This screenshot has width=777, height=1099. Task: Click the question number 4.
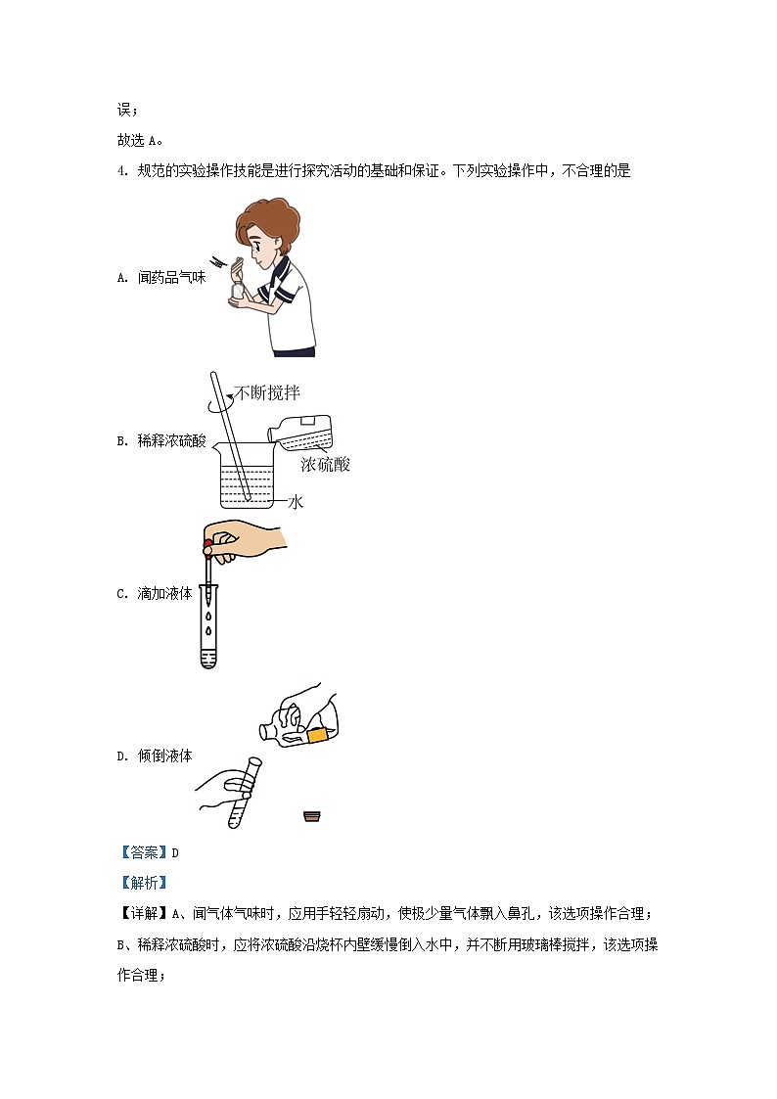pos(121,171)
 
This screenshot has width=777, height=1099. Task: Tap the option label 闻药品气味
pos(171,278)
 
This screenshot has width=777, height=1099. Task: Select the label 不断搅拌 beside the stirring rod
pos(267,392)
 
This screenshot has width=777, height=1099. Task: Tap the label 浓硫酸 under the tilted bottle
pos(325,464)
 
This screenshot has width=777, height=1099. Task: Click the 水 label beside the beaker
pos(296,501)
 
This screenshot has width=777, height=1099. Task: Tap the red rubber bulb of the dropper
pos(207,547)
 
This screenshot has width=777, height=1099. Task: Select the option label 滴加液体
pos(164,594)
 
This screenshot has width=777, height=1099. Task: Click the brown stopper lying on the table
pos(312,815)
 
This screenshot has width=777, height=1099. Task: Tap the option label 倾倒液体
pos(164,756)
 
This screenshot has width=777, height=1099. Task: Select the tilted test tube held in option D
pos(245,792)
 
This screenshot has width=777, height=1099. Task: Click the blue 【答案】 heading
pos(144,852)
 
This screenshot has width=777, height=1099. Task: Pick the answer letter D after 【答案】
pos(175,853)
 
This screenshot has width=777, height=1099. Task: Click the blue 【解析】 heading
pos(144,883)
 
